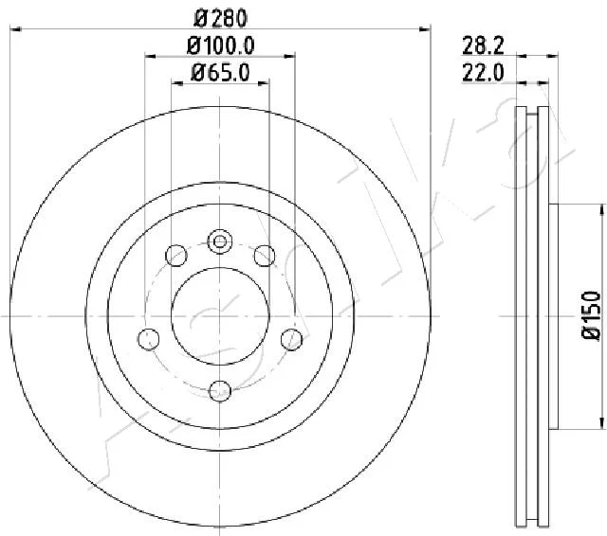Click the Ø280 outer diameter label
tap(220, 19)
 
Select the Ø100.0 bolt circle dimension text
tap(221, 46)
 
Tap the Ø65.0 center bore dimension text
tap(221, 73)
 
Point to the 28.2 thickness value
tap(483, 46)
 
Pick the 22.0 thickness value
tap(483, 73)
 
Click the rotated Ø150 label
tap(592, 315)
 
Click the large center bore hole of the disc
tap(220, 316)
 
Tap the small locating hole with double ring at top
tap(220, 241)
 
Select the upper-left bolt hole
tap(176, 256)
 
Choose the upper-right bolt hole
tap(265, 256)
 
